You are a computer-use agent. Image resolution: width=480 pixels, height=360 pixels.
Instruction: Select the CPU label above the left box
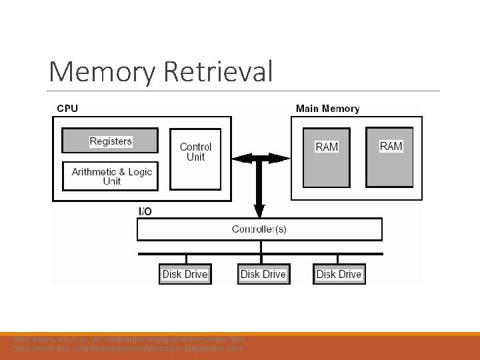point(67,109)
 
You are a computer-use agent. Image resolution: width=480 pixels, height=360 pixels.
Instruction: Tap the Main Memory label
point(327,109)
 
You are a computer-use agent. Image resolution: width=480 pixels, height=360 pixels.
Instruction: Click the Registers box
point(111,141)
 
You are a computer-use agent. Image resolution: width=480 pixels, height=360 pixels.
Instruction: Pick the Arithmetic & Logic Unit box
point(111,176)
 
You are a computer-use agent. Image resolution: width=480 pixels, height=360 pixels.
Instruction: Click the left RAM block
point(327,157)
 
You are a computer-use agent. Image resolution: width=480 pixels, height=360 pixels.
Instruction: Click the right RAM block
point(390,157)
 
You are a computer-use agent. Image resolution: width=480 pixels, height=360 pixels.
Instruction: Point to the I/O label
point(145,211)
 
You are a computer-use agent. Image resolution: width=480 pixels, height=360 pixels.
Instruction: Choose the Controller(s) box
point(259,229)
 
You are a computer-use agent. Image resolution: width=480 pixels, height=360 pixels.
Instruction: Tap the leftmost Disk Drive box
point(185,274)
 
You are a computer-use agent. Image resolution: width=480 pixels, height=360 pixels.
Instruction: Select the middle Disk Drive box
point(263,274)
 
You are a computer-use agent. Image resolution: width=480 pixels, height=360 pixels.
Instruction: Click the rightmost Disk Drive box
point(339,274)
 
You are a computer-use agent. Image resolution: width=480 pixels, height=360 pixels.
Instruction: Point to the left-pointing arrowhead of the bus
point(240,159)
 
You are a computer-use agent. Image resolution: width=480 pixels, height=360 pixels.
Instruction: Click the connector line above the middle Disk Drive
point(261,259)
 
